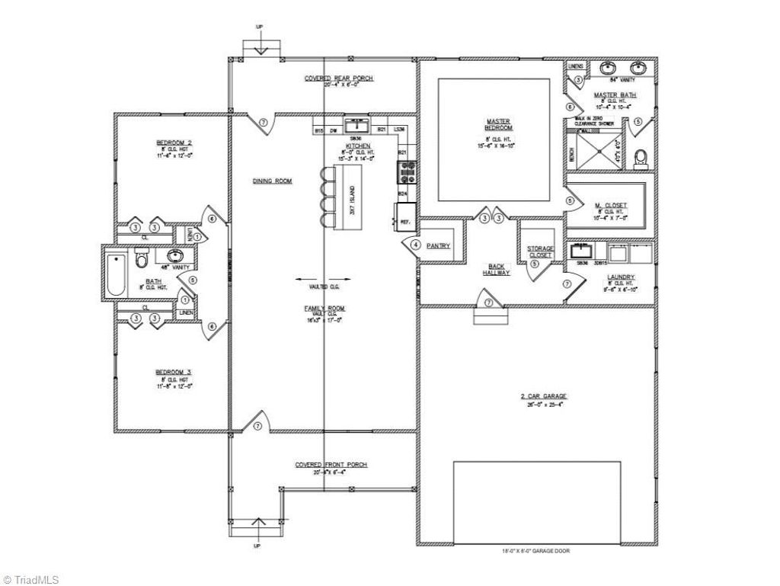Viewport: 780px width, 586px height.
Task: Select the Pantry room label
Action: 439,245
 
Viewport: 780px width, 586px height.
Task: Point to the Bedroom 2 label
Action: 174,142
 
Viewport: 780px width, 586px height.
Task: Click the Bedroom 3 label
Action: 174,372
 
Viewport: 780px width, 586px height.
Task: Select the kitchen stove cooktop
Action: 406,173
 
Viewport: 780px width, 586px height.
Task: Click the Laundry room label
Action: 621,277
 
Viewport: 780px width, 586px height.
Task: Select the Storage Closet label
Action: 540,251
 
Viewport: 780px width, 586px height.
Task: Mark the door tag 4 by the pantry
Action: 416,245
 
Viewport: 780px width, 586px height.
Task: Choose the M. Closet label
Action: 611,205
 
